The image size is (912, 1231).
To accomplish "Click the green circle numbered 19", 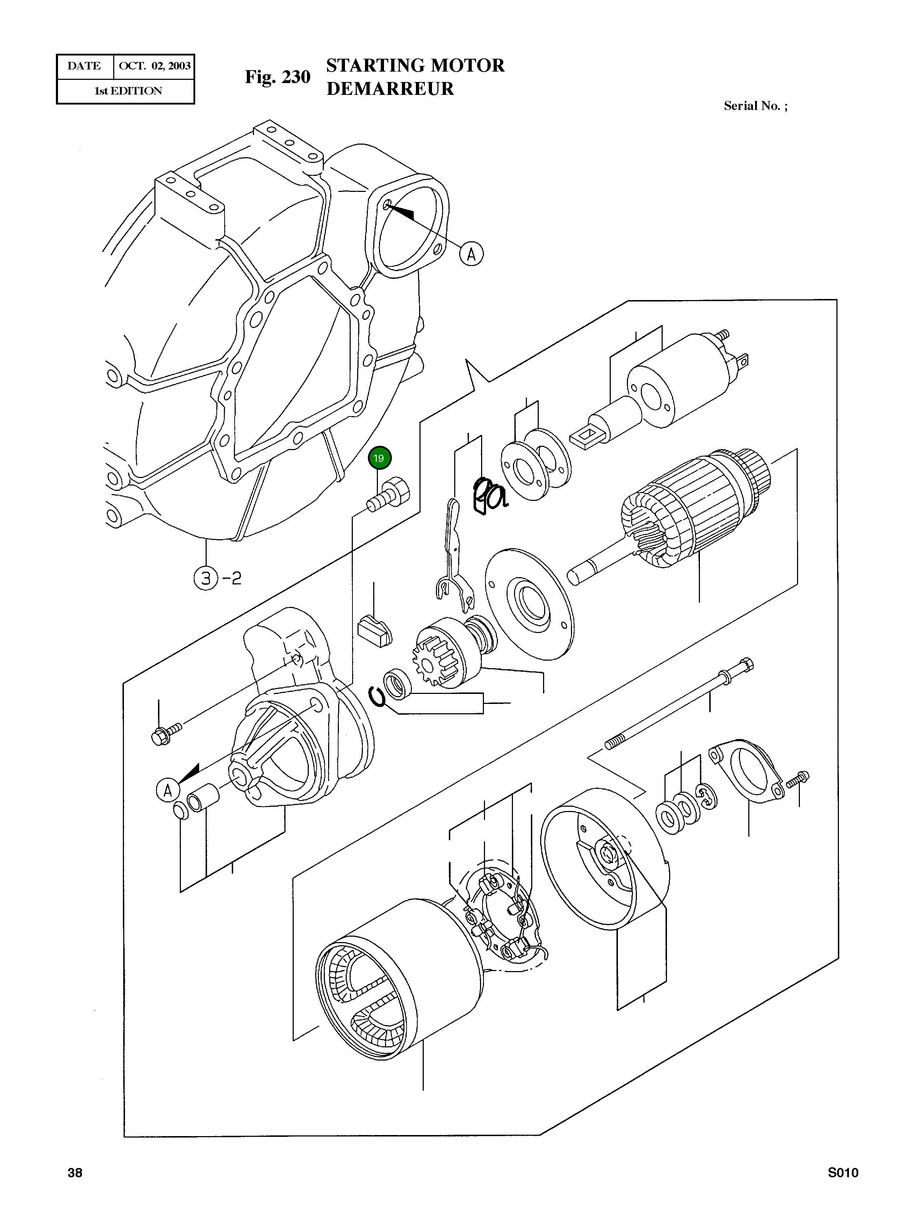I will click(379, 458).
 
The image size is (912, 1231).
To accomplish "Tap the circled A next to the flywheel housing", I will click(471, 254).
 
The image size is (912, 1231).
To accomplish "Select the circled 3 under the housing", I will click(206, 578).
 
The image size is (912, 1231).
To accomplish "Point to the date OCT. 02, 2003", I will click(155, 66).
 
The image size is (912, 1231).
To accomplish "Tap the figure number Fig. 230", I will click(278, 77).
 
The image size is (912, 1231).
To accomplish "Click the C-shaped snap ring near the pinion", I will click(377, 696).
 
